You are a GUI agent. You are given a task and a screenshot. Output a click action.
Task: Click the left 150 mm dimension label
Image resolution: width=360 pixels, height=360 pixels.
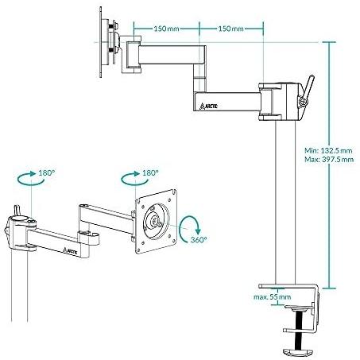166,29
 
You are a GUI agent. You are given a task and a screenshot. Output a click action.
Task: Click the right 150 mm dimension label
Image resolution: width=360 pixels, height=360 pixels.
230,29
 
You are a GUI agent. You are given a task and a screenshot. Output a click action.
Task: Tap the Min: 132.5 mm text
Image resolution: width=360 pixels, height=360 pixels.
328,151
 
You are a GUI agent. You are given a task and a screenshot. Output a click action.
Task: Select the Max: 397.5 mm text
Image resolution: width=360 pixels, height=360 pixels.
329,160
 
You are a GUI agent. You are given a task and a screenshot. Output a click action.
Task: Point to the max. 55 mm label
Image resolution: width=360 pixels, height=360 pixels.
272,297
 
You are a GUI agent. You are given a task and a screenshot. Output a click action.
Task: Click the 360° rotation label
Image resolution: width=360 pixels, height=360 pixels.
199,240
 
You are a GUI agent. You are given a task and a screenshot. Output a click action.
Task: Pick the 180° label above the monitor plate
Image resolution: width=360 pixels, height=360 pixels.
150,173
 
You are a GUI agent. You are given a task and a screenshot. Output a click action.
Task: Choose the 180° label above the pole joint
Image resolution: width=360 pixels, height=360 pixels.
47,173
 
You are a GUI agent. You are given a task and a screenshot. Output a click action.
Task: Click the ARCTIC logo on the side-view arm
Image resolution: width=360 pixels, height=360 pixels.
209,106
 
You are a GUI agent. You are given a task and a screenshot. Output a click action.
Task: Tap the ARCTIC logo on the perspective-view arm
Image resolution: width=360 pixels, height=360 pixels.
70,251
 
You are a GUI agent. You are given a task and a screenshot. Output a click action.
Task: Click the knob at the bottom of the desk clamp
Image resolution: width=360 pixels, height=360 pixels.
298,353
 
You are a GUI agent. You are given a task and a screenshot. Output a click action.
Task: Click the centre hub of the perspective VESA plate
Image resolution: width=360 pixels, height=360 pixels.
156,222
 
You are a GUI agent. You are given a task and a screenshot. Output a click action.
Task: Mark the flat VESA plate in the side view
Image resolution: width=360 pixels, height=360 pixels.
101,42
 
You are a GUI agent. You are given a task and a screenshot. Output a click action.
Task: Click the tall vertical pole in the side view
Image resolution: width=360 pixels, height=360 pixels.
285,202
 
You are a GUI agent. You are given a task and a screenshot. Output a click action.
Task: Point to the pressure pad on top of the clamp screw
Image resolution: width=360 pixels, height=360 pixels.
298,308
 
